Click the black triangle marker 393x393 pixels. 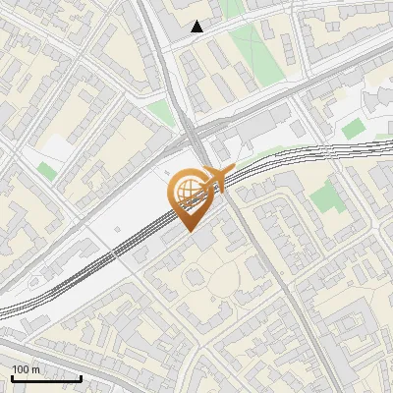197,27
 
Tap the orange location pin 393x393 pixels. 191,196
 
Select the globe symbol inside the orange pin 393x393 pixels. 191,190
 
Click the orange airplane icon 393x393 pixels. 217,177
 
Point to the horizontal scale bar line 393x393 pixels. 46,378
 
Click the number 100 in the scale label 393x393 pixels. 23,369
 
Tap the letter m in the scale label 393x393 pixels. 36,369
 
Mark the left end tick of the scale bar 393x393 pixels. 12,377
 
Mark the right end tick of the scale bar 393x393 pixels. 82,377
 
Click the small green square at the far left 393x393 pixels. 47,171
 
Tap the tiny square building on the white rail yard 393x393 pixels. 117,240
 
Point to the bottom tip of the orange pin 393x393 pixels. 191,230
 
